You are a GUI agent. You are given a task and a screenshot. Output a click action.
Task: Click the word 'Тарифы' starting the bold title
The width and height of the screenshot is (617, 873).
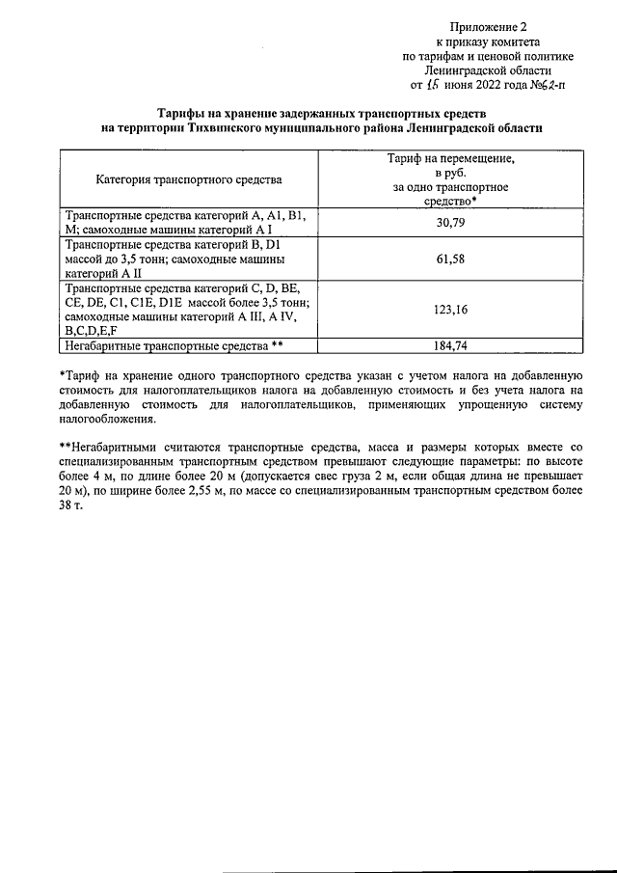[x=181, y=112]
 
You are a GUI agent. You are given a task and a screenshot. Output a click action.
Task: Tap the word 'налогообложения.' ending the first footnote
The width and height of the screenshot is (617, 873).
[x=107, y=420]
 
